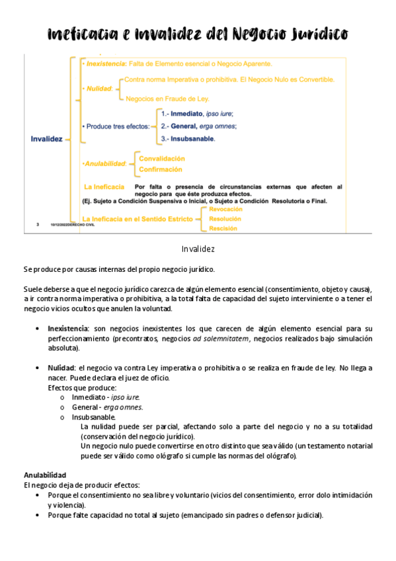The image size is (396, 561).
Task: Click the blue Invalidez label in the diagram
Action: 46,139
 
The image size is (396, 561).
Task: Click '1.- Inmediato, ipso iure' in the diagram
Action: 197,114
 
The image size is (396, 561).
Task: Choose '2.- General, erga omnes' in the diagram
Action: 198,126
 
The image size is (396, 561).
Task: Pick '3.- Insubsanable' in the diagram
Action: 188,139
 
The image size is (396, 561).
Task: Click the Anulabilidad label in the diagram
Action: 104,163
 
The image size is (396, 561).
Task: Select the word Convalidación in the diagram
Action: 161,159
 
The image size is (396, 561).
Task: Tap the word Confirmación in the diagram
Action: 160,169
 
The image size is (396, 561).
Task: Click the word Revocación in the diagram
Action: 225,209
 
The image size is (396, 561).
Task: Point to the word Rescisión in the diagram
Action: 223,228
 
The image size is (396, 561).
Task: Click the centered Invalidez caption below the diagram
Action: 198,249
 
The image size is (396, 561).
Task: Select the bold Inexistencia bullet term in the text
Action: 68,328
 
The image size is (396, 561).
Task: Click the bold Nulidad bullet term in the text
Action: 61,368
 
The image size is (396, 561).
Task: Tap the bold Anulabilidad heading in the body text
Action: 44,475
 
